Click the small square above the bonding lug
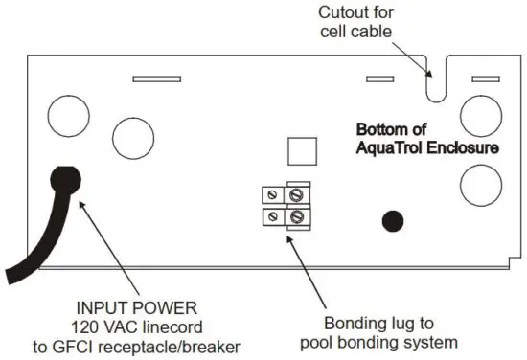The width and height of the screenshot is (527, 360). click(302, 150)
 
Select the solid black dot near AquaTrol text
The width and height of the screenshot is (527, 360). click(392, 222)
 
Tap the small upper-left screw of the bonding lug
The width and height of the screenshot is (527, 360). click(273, 196)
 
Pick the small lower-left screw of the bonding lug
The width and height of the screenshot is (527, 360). click(273, 218)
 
